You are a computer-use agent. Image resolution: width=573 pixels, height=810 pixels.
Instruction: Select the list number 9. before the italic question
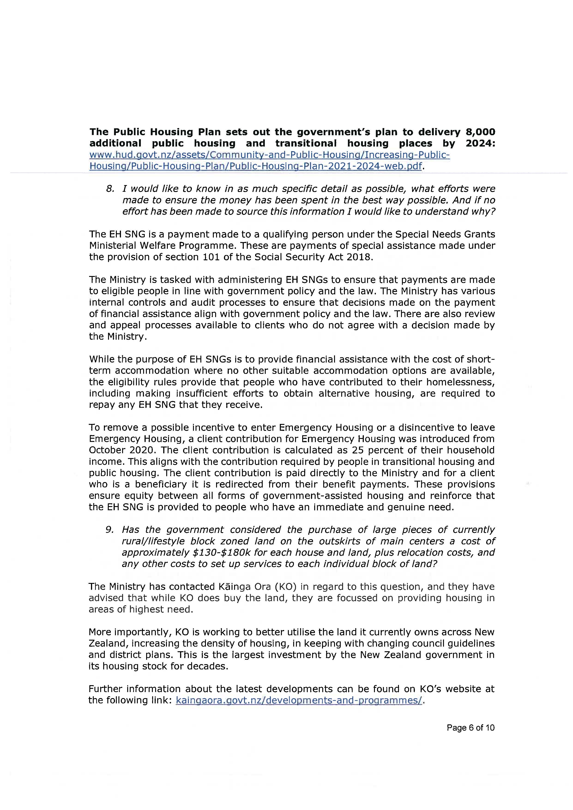(x=109, y=530)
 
